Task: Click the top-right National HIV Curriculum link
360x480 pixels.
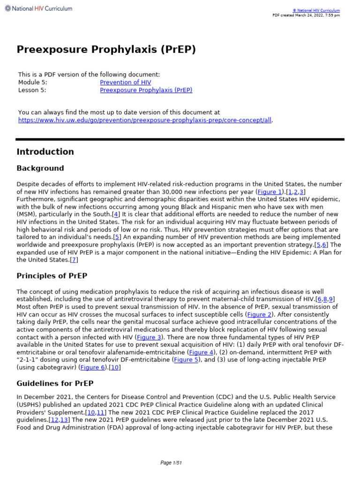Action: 316,10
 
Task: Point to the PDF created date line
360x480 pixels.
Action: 306,15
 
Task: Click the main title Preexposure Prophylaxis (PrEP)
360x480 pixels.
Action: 106,50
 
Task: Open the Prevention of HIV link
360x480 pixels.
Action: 126,82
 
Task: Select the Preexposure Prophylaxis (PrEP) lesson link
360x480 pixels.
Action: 146,90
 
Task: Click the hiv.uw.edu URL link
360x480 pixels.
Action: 144,120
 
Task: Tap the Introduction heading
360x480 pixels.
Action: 45,152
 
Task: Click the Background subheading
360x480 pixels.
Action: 40,168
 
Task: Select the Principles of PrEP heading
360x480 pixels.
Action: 52,276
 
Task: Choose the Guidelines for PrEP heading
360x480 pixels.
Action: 55,383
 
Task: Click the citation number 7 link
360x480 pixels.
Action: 74,260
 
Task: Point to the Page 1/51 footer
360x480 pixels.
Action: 171,463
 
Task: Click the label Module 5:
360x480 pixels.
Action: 32,82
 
